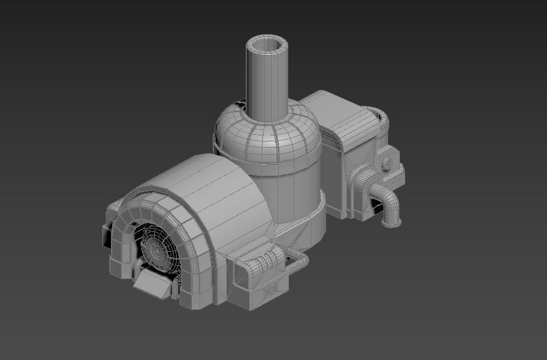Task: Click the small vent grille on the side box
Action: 271,290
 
